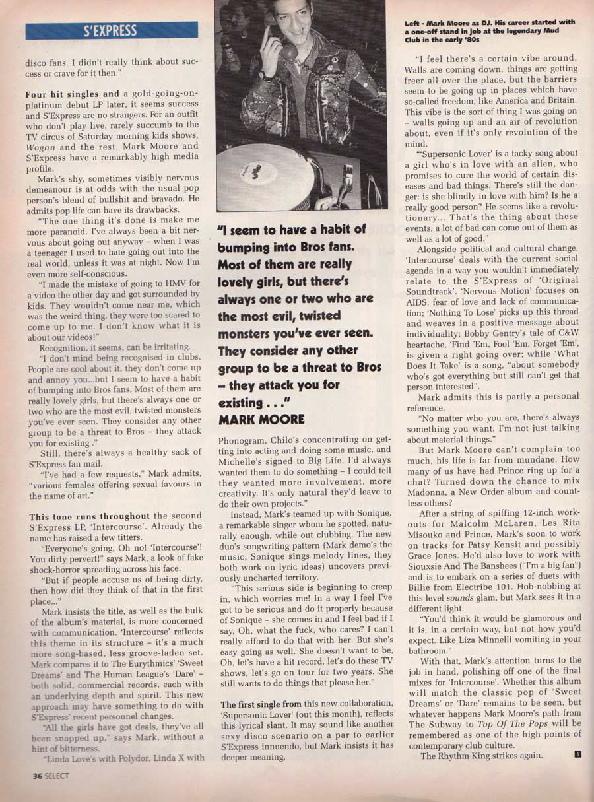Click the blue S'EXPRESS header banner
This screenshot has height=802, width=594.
tap(112, 30)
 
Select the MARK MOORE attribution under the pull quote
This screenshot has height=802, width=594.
tap(261, 419)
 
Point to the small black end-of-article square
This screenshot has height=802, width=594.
tap(577, 755)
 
